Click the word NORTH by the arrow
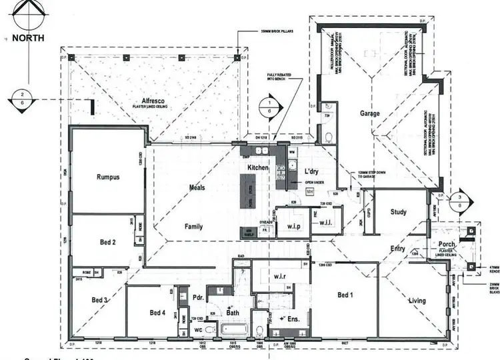click(28, 38)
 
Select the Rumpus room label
click(108, 177)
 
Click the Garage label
click(370, 114)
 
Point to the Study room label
click(399, 213)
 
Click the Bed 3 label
click(100, 299)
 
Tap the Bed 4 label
click(157, 313)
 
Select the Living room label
click(417, 301)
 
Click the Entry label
click(398, 248)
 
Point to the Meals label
click(197, 188)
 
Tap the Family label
click(193, 227)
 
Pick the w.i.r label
click(279, 276)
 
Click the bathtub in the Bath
click(235, 329)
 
